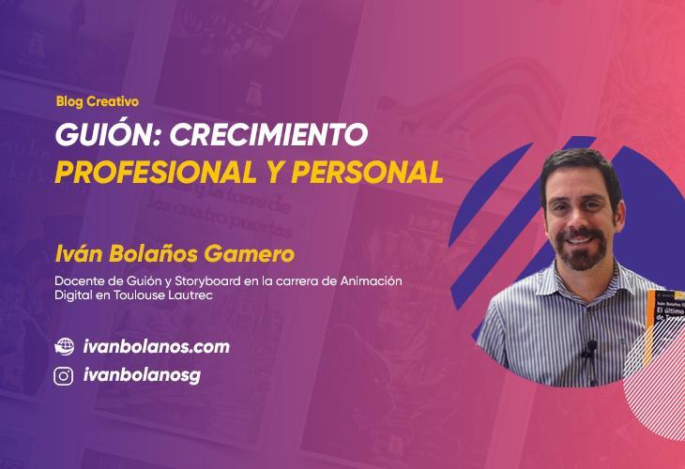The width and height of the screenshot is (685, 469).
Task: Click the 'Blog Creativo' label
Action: click(x=97, y=101)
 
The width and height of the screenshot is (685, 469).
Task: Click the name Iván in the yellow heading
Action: click(x=78, y=253)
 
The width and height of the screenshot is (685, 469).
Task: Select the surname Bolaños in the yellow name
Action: click(x=150, y=253)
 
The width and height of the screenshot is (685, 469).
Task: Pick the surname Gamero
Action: click(x=248, y=253)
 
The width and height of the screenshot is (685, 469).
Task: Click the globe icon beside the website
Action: click(x=64, y=346)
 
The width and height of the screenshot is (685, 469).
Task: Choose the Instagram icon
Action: click(x=64, y=376)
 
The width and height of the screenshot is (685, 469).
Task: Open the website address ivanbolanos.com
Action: click(x=156, y=346)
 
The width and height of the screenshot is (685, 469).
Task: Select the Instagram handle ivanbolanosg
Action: click(x=142, y=376)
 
